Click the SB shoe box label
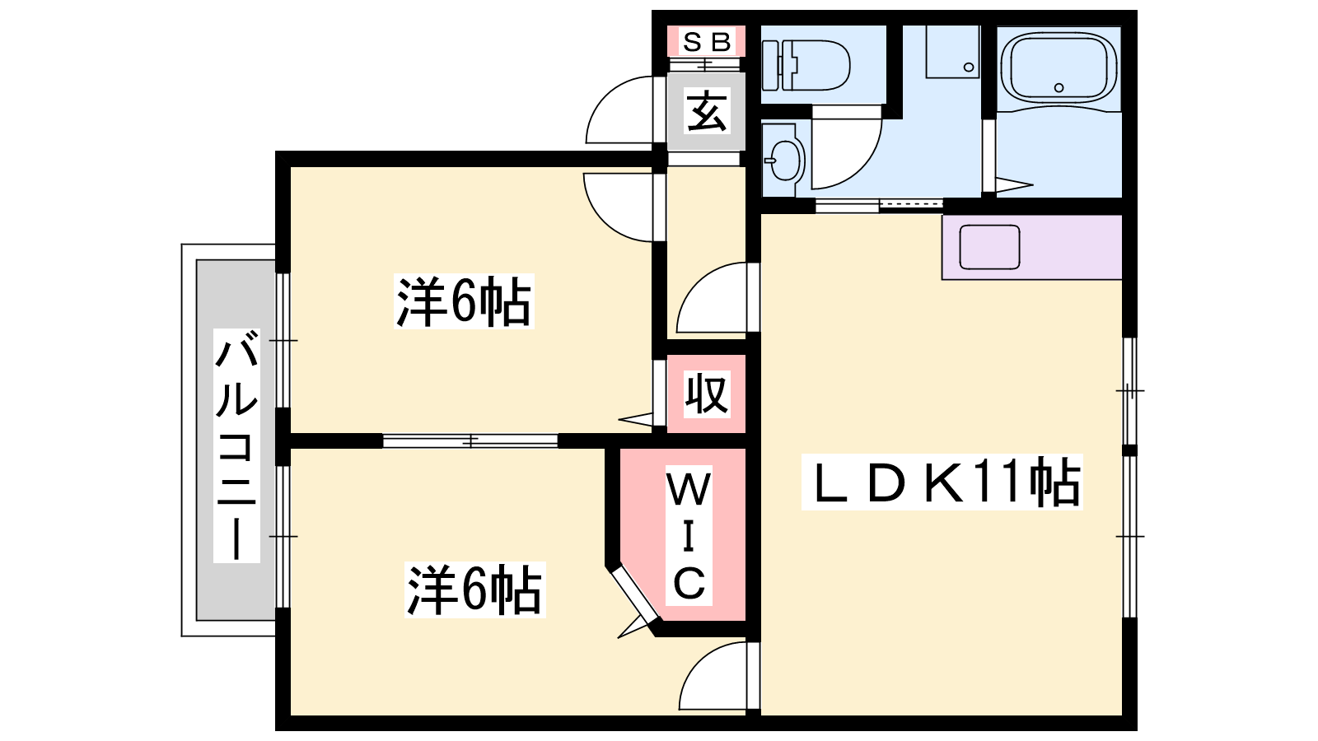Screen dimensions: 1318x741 click(707, 42)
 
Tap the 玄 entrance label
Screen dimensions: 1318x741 click(707, 111)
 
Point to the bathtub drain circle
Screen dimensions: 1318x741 click(1059, 87)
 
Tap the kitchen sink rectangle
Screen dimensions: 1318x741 click(989, 247)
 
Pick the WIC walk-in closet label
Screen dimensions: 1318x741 click(689, 535)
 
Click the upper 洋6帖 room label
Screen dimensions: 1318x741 click(464, 301)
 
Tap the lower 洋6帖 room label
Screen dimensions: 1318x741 click(474, 590)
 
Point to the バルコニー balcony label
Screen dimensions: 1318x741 click(236, 445)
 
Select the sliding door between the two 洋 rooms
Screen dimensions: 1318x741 click(470, 440)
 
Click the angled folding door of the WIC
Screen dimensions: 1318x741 click(634, 594)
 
